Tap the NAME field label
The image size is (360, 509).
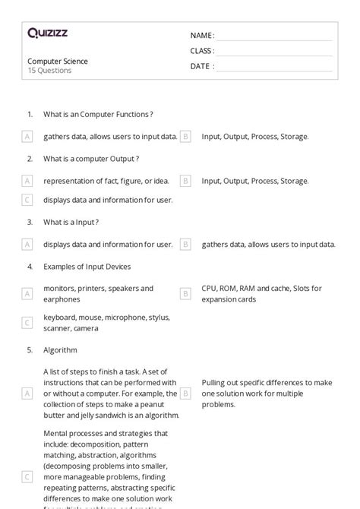click(202, 36)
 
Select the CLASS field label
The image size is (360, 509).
click(202, 51)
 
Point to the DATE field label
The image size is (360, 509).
click(202, 66)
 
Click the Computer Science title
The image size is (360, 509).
click(58, 62)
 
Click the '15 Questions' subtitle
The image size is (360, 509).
click(49, 71)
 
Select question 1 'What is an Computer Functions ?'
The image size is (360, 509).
click(98, 115)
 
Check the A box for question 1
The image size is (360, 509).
click(27, 137)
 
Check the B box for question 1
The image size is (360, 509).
click(185, 137)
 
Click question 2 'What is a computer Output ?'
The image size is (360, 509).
click(91, 159)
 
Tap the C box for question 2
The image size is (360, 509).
click(27, 200)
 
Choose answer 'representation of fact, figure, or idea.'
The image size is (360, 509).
click(106, 181)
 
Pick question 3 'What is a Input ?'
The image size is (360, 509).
click(71, 222)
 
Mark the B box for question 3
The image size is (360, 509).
click(185, 245)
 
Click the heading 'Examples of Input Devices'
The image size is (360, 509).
click(87, 267)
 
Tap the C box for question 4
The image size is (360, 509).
click(27, 323)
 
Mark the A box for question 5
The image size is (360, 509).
click(27, 394)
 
